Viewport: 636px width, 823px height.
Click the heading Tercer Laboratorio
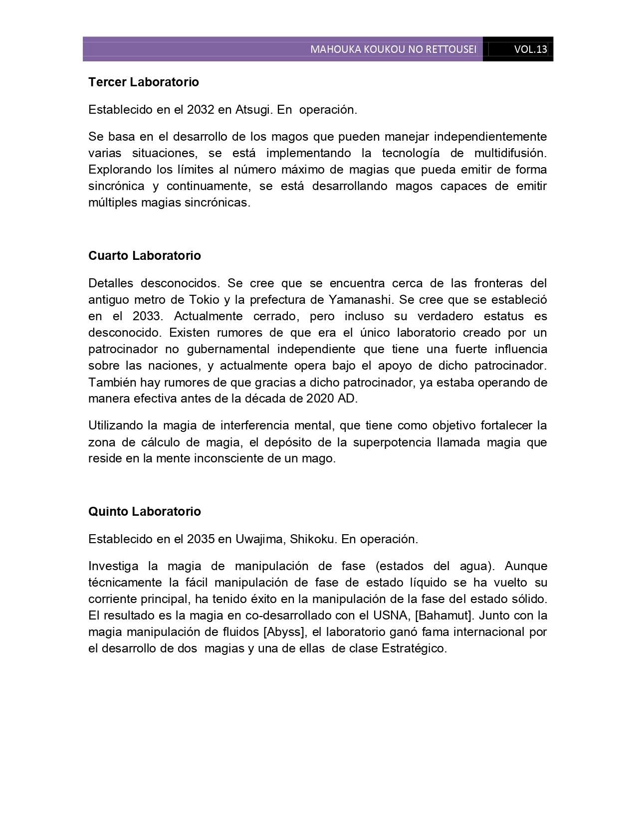pyautogui.click(x=144, y=82)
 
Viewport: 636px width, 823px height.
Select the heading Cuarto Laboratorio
pyautogui.click(x=145, y=256)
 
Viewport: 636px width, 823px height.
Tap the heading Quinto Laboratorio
pyautogui.click(x=145, y=512)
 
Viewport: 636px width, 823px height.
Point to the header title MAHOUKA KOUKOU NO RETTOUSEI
pyautogui.click(x=393, y=49)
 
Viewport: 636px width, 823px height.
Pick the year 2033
pyautogui.click(x=146, y=316)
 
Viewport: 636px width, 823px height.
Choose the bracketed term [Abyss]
pyautogui.click(x=284, y=632)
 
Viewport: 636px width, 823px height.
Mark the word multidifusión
pyautogui.click(x=510, y=153)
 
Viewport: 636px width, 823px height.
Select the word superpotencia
pyautogui.click(x=392, y=442)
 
